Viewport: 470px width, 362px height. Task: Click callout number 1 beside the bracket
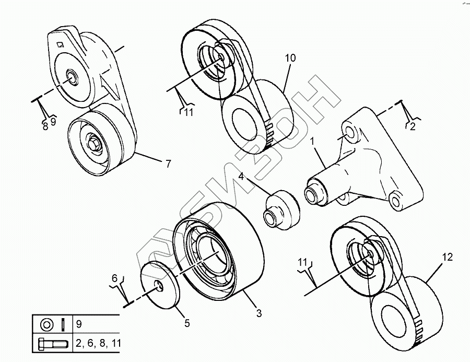(x=313, y=141)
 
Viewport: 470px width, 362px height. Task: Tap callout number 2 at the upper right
(x=412, y=126)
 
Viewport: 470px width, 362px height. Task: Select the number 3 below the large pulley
(x=258, y=314)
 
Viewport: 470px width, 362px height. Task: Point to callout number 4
(x=242, y=177)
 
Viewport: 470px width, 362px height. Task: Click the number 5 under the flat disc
(x=186, y=323)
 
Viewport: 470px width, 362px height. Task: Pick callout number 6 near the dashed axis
(x=114, y=278)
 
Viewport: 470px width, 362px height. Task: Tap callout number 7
(x=168, y=164)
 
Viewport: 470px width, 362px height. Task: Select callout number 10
(x=290, y=58)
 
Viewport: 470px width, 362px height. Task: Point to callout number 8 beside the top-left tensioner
(x=45, y=126)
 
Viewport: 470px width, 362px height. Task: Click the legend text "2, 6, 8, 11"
(x=98, y=344)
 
